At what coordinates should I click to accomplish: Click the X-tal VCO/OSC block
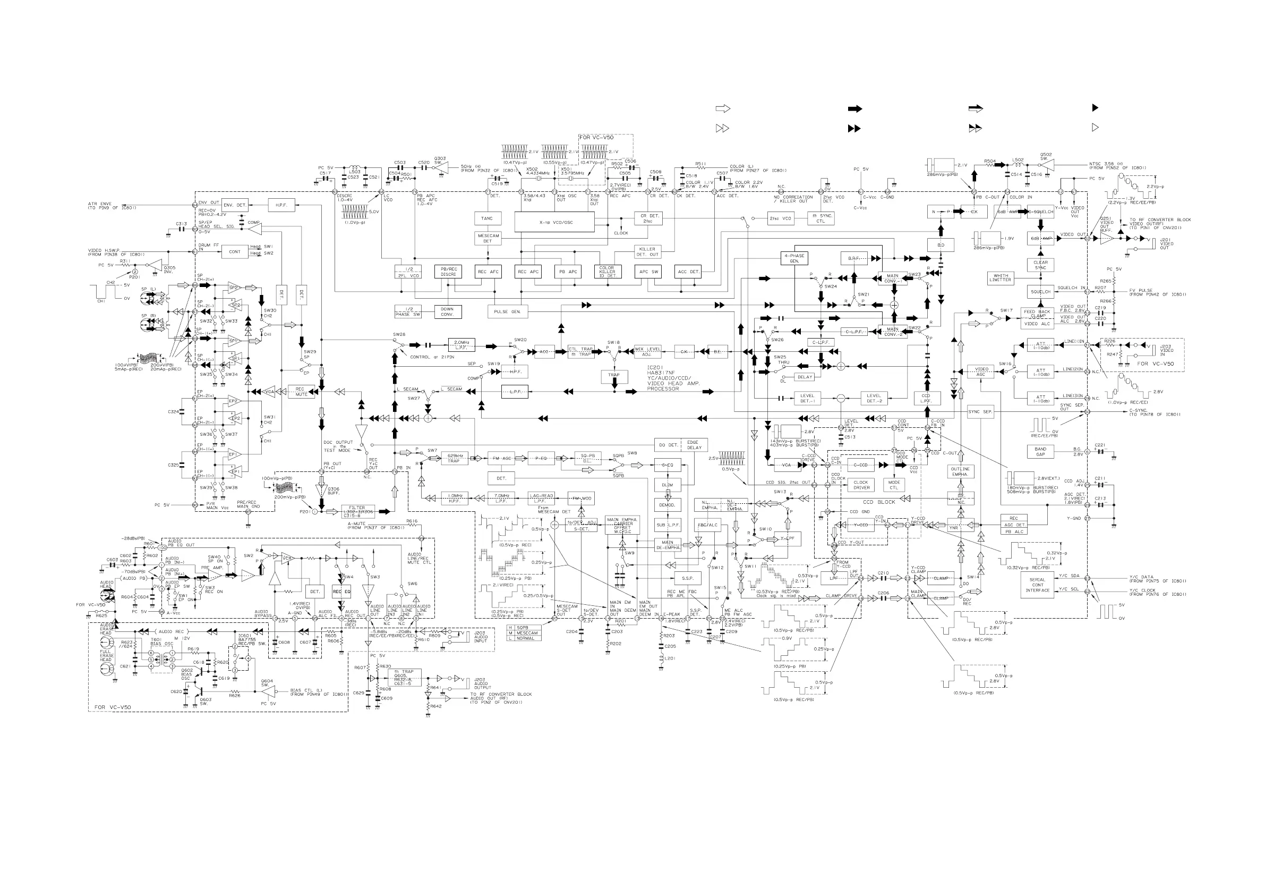coord(554,222)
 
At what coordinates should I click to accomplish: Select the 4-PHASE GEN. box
coord(794,258)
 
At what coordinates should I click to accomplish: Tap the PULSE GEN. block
coord(507,312)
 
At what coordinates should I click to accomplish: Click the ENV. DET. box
coord(235,205)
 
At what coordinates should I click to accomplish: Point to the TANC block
coord(487,218)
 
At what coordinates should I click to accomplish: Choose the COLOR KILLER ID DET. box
coord(607,271)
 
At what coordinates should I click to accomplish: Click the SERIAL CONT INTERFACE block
coord(1038,585)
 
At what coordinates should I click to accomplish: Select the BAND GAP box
coord(1040,452)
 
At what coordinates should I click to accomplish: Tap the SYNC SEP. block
coord(980,412)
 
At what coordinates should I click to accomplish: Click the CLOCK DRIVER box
coord(861,485)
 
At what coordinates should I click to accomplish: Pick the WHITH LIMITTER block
coord(1001,278)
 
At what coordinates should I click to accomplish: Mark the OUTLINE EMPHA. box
coord(960,471)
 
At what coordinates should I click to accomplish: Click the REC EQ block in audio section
coord(341,592)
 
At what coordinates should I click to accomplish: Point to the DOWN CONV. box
coord(447,311)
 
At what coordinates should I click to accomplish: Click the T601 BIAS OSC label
coord(162,642)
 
